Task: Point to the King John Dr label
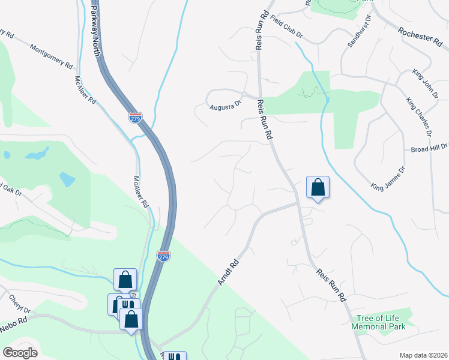426,83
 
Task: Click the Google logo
21,353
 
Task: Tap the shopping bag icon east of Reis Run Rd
318,188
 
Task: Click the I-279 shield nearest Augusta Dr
136,117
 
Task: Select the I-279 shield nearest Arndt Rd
163,256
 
